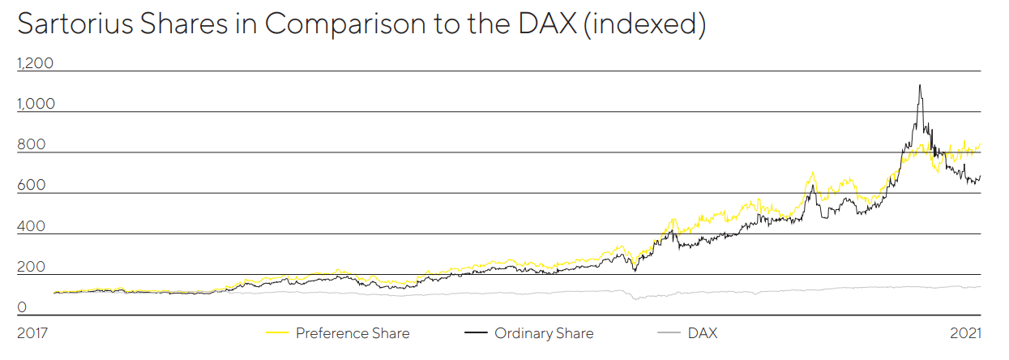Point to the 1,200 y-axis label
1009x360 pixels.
click(x=35, y=63)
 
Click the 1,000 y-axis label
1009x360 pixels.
click(x=35, y=104)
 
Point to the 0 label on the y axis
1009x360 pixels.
click(x=22, y=307)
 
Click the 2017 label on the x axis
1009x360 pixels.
click(x=33, y=333)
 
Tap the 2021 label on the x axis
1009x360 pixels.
click(x=965, y=333)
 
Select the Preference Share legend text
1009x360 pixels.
click(x=353, y=333)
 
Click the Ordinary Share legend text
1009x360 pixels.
click(x=544, y=333)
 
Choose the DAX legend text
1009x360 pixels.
click(x=702, y=333)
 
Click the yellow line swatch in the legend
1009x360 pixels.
click(x=278, y=333)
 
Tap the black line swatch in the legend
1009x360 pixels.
click(x=477, y=333)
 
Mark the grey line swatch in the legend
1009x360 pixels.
click(x=669, y=333)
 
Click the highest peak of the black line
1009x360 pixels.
click(x=919, y=85)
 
